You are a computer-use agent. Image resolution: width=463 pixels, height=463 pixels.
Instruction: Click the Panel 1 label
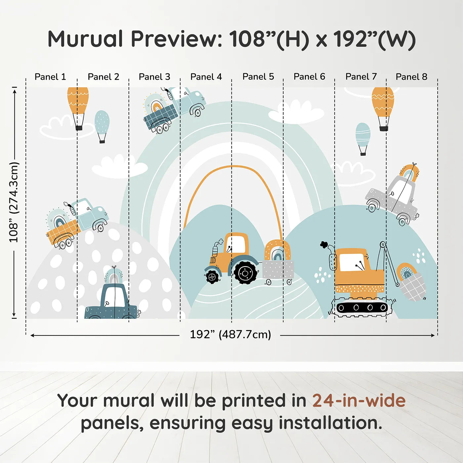(50, 77)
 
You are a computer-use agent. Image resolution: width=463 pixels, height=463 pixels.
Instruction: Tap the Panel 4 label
(206, 77)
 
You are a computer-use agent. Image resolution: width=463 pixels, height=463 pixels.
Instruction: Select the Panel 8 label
(412, 77)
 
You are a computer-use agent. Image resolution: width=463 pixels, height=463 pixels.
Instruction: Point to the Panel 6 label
(309, 76)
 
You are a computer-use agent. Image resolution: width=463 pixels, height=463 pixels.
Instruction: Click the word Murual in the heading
(86, 39)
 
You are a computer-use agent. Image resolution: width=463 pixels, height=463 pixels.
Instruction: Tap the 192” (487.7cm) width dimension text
(231, 334)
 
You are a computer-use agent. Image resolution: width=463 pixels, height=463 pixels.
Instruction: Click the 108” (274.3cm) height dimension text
(14, 202)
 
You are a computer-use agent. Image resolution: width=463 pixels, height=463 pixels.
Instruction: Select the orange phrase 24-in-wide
(359, 400)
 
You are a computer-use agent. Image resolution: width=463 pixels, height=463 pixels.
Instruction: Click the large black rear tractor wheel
(245, 273)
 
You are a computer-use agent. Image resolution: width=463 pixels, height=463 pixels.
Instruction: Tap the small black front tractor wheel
(212, 277)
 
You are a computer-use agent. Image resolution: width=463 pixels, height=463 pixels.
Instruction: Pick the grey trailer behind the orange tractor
(278, 269)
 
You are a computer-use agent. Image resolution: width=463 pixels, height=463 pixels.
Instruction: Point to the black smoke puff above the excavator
(323, 244)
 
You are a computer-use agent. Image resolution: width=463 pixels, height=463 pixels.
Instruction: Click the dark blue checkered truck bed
(160, 117)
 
